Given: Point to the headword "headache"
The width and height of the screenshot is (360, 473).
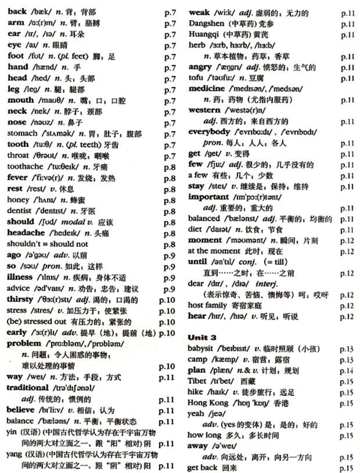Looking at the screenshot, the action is [x=26, y=233].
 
